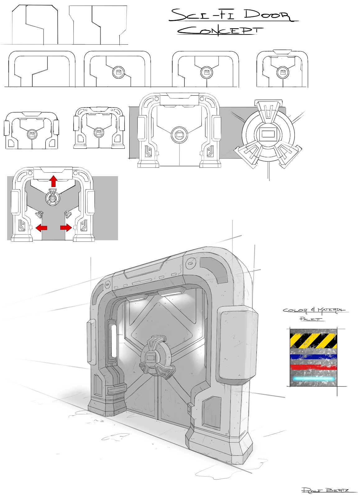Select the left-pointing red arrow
[41, 228]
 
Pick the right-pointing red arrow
[66, 228]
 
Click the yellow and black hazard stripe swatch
[313, 341]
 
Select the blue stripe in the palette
[313, 357]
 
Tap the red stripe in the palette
[313, 367]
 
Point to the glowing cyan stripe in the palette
[313, 379]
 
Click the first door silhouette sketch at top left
[35, 25]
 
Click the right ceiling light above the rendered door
[170, 293]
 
